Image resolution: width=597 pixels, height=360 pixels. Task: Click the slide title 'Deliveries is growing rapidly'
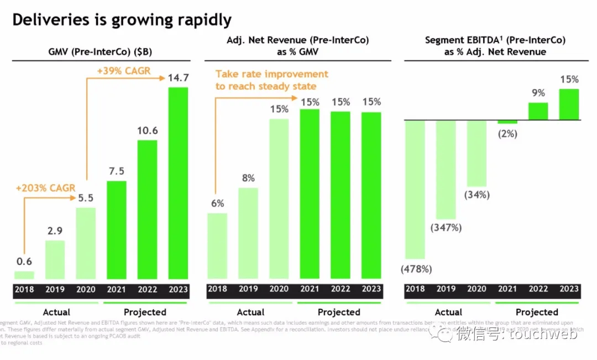(122, 20)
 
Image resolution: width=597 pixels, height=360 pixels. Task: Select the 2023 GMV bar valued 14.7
(178, 182)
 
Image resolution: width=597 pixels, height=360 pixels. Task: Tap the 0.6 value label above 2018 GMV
(24, 261)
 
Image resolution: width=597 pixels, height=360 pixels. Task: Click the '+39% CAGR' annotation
(123, 71)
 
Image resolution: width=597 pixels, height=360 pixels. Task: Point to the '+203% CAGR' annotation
(46, 188)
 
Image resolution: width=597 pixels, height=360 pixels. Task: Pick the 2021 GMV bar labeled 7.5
(117, 229)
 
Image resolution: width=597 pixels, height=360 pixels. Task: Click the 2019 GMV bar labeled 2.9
(55, 259)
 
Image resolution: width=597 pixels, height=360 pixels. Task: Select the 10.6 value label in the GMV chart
(147, 131)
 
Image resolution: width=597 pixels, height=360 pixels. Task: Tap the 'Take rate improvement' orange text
(271, 74)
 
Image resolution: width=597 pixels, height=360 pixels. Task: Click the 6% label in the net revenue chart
(217, 204)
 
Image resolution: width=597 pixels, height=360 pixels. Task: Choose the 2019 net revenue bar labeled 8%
(248, 233)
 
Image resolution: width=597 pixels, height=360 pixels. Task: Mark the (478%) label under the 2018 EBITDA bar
(416, 269)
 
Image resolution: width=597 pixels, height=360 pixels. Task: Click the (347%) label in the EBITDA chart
(446, 228)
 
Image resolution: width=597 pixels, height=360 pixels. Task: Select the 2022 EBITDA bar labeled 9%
(538, 111)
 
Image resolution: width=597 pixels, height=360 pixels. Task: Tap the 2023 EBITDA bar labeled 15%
(569, 105)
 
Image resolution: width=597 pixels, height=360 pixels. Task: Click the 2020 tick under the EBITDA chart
(476, 289)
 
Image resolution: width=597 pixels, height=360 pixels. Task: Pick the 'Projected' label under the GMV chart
(145, 312)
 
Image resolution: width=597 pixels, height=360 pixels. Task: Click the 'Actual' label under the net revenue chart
(250, 312)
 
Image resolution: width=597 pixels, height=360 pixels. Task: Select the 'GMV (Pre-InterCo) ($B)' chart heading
(101, 52)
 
